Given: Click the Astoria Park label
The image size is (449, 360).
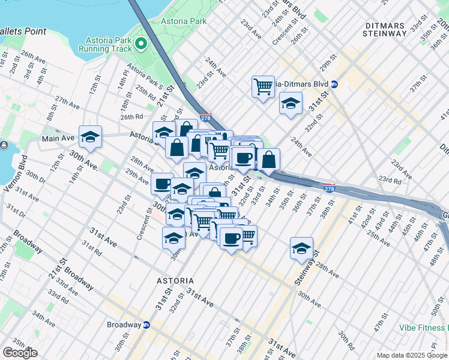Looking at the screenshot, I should [183, 21].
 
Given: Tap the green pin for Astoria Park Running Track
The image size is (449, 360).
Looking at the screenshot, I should [141, 43].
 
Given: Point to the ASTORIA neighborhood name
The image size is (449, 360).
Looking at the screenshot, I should [175, 281].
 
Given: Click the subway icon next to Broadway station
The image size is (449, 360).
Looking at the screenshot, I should [146, 325].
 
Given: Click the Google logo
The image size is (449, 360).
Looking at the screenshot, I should [20, 353].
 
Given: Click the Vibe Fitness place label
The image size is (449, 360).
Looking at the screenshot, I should [425, 328].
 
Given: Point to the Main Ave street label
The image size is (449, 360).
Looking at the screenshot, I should [58, 139].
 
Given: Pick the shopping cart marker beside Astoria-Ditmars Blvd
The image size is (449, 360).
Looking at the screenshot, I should [263, 87].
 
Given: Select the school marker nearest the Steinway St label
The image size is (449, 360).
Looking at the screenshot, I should [301, 247].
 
